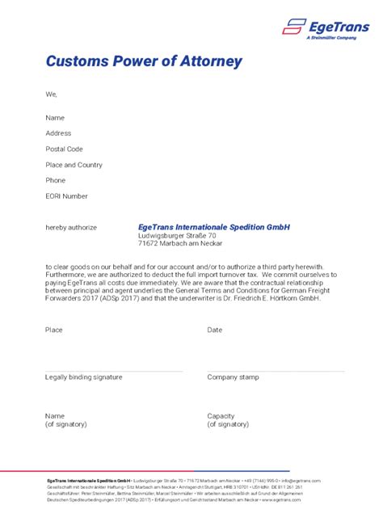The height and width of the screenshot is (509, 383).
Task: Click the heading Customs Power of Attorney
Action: (144, 61)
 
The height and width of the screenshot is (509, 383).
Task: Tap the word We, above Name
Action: (52, 95)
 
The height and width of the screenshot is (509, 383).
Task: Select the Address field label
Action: (58, 133)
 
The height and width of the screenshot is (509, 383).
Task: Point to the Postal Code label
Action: (64, 149)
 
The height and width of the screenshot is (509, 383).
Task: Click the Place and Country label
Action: (74, 165)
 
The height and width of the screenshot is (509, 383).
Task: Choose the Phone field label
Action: (56, 180)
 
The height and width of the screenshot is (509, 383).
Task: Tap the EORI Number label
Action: (66, 196)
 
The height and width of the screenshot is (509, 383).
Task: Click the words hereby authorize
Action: (71, 228)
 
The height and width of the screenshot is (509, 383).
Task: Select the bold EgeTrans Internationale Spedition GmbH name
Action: (213, 227)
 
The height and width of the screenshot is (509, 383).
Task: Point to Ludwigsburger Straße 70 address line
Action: (177, 235)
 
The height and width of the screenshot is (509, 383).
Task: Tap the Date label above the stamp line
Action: (214, 330)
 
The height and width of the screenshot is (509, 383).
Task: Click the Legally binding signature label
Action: (84, 377)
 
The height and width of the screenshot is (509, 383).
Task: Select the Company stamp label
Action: (233, 377)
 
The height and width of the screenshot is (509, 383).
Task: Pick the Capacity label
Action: (221, 416)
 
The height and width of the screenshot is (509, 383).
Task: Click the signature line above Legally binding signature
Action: (113, 371)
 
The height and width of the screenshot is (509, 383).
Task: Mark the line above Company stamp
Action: (275, 371)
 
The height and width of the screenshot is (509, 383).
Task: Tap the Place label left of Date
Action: (54, 330)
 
